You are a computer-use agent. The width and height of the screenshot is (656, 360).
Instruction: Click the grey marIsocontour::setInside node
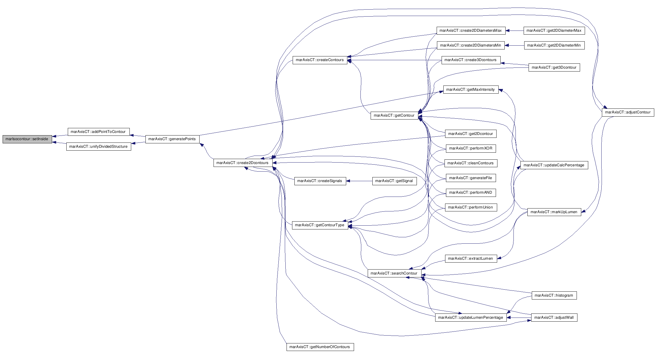(27, 139)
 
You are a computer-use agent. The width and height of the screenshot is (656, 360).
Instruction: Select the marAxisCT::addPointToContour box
(98, 132)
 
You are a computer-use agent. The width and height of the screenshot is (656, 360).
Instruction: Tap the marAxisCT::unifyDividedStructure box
(99, 147)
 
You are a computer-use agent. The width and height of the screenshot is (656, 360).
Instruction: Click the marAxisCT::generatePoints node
(172, 139)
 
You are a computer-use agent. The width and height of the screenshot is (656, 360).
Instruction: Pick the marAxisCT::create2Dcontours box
(243, 163)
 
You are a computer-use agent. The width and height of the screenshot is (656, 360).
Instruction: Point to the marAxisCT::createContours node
(320, 60)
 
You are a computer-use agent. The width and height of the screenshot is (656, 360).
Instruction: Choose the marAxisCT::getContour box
(394, 115)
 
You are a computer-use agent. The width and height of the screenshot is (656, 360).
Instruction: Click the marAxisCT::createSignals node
(320, 181)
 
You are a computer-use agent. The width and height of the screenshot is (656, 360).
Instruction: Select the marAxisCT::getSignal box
(394, 181)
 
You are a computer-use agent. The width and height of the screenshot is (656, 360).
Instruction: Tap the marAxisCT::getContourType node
(320, 225)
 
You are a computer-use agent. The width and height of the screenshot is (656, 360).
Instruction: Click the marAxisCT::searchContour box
(394, 273)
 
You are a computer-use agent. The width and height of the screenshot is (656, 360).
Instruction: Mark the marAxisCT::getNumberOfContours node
(320, 347)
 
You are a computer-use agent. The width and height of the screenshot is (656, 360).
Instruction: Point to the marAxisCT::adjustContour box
(628, 112)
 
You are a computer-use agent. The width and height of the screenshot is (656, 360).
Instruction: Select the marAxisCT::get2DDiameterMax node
(554, 31)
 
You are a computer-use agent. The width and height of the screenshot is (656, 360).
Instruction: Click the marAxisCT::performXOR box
(471, 148)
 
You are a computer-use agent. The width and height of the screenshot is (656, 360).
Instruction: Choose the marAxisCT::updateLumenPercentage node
(471, 318)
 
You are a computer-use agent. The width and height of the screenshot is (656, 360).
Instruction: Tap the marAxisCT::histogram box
(554, 295)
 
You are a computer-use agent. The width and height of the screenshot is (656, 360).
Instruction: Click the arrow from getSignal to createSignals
(359, 181)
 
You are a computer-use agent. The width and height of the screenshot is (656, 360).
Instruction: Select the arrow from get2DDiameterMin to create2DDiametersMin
(514, 45)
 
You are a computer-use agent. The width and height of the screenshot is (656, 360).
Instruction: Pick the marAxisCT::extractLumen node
(471, 259)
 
